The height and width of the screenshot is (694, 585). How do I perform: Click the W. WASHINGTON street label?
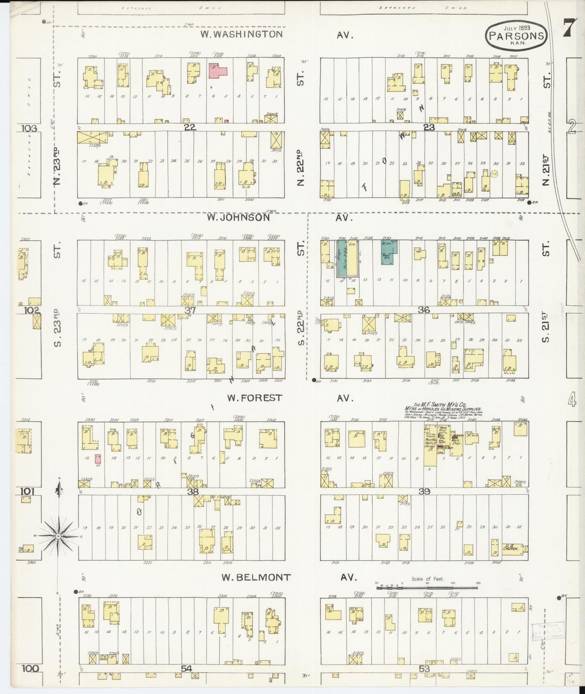click(x=242, y=34)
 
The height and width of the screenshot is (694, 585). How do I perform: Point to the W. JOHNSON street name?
click(x=238, y=217)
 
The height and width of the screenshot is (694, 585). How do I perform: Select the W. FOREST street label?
click(x=254, y=398)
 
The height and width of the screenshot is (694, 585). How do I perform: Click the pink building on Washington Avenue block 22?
click(x=217, y=71)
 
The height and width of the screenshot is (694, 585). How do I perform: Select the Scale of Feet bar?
click(x=427, y=587)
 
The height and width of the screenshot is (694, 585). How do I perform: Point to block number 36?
click(x=424, y=310)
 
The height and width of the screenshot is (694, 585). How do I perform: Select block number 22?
click(x=189, y=127)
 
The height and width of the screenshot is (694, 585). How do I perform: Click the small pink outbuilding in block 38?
click(x=98, y=459)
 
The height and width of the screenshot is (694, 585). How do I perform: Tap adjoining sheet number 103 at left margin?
click(x=30, y=128)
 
